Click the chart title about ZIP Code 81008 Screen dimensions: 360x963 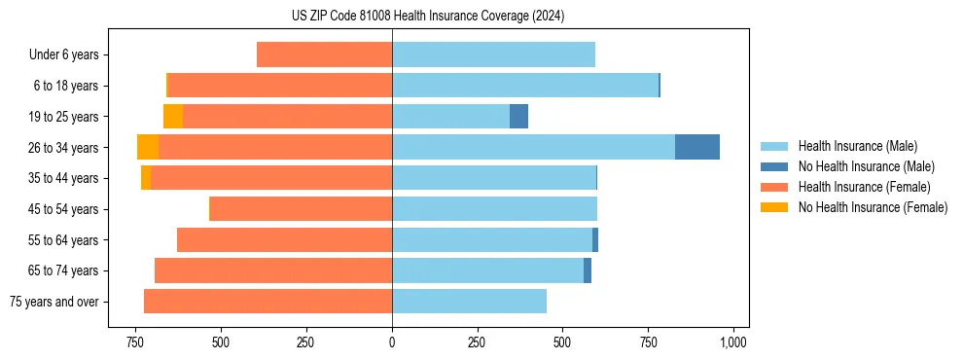coord(428,17)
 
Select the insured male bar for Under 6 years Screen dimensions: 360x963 coord(493,54)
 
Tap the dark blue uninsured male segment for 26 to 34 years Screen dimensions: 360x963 coord(697,147)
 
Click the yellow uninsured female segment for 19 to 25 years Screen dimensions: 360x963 coord(173,117)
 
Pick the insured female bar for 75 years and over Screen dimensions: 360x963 coord(267,302)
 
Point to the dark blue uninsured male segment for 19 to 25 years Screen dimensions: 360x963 coord(518,117)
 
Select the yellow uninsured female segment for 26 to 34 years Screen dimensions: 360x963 coord(148,147)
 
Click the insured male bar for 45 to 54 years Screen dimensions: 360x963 coord(494,209)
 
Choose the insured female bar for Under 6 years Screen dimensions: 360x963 coord(324,54)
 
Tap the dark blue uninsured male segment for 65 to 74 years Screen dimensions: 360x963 coord(588,270)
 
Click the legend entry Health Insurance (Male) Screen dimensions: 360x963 coord(857,146)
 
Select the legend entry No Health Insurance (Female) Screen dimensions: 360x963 coord(873,207)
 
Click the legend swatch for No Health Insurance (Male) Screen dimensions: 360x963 coord(774,166)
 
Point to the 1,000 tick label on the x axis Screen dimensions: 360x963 coord(732,342)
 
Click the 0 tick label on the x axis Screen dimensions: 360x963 coord(392,342)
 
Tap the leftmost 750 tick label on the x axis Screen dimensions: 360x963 coord(134,342)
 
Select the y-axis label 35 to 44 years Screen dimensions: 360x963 coord(64,178)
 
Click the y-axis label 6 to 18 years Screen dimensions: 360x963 coord(66,86)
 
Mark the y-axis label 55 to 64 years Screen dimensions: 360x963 coord(64,240)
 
